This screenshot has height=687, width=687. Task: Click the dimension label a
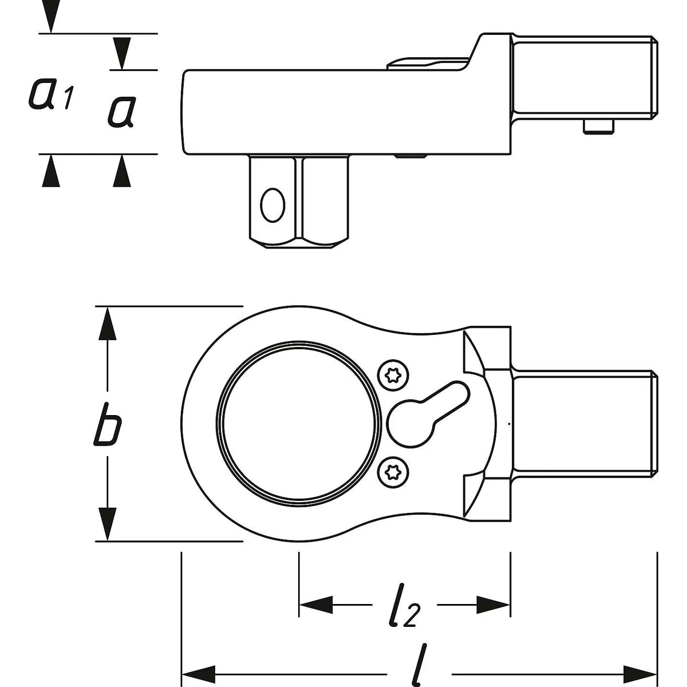121,112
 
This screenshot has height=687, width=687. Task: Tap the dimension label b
107,424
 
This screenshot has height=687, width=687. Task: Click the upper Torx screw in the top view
393,376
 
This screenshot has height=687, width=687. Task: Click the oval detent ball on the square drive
273,205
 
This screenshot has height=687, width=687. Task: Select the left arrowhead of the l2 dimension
316,605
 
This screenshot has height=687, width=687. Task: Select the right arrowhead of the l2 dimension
493,605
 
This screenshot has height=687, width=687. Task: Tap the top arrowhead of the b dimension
107,323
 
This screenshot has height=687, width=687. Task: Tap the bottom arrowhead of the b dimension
107,524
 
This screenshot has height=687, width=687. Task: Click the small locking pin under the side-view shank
599,127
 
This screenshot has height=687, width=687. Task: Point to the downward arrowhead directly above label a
122,53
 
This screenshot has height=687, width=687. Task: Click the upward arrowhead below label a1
51,171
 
